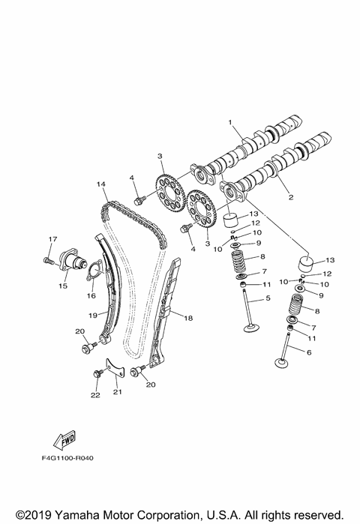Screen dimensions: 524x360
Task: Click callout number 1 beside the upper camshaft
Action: click(x=231, y=121)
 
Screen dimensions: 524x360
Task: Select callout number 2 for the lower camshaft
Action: click(x=290, y=198)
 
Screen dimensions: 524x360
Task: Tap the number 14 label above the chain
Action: click(x=100, y=184)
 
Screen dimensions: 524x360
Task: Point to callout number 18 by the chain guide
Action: click(x=188, y=318)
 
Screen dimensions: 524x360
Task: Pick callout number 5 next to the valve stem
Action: click(x=267, y=298)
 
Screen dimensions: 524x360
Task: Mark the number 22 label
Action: click(x=94, y=395)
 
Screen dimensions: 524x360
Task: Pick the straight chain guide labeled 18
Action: click(x=166, y=315)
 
